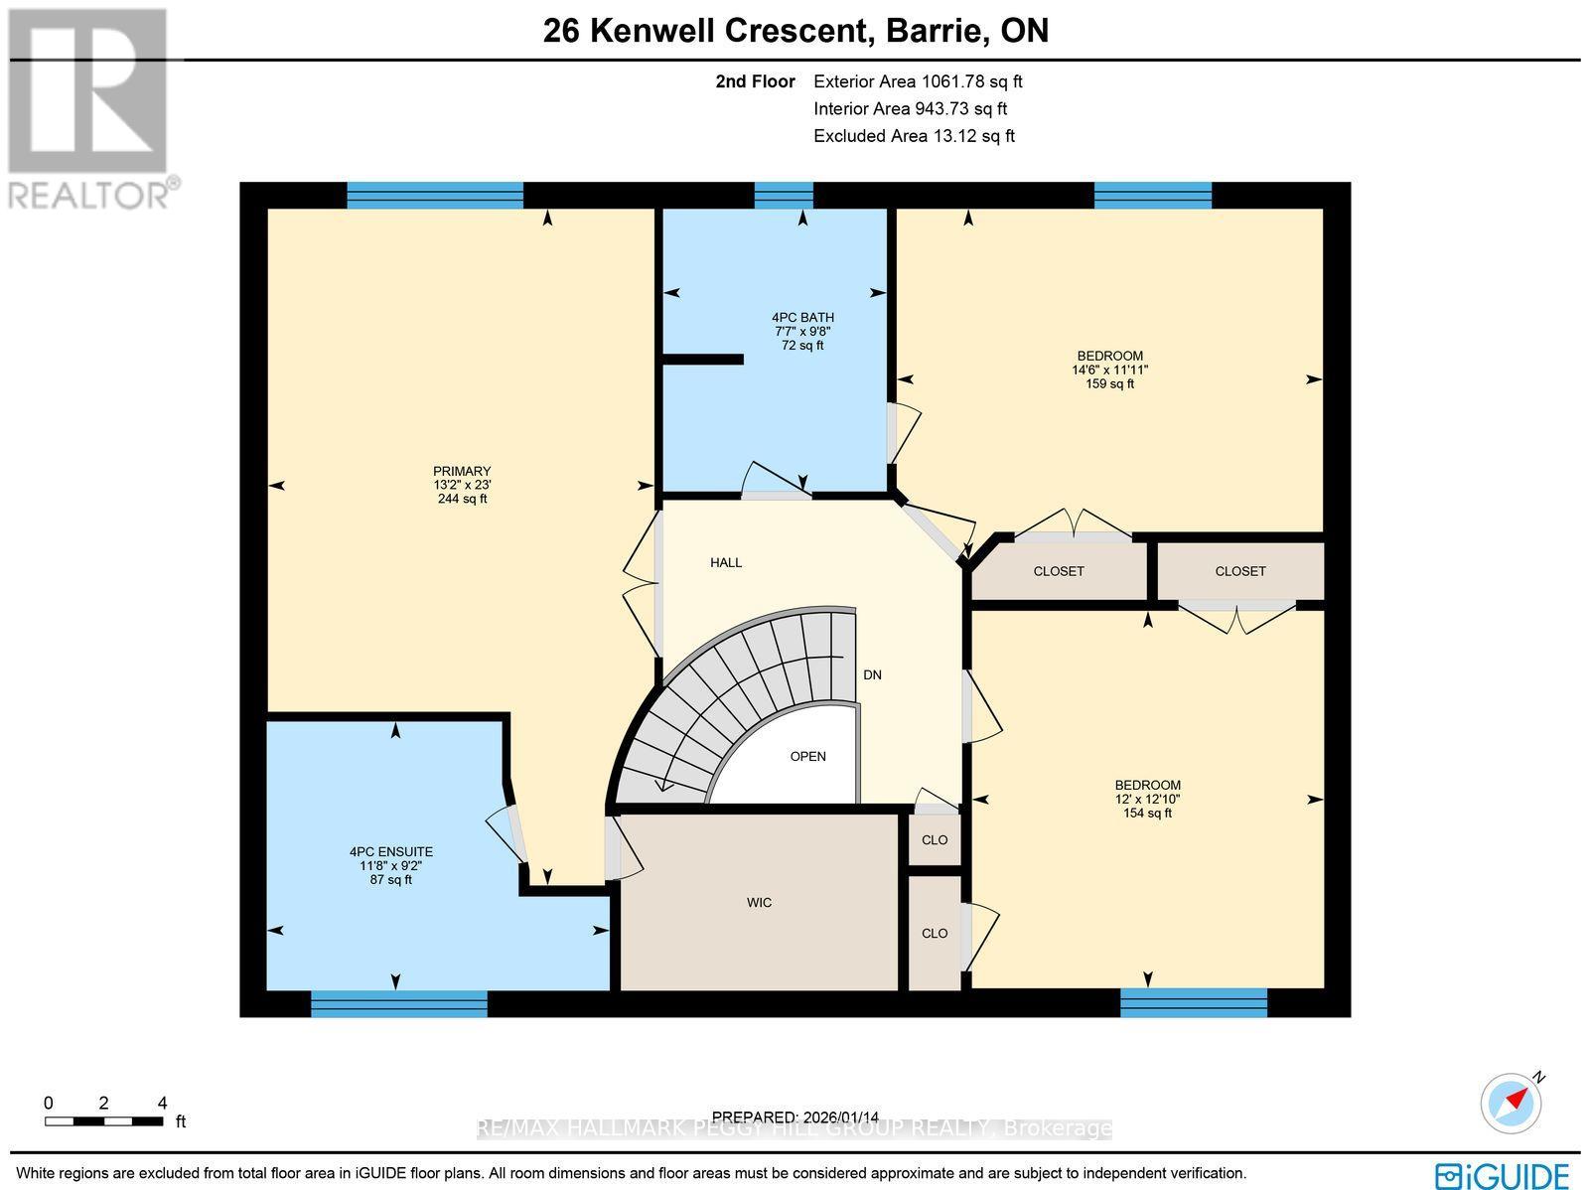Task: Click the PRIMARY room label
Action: point(462,471)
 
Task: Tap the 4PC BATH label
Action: point(804,318)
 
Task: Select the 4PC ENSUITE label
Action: point(391,851)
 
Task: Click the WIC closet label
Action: point(760,902)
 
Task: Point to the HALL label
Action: point(726,562)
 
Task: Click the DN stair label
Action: point(872,674)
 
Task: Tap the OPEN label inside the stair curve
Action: point(807,756)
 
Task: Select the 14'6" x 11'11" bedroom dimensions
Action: point(1109,370)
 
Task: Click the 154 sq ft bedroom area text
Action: point(1147,813)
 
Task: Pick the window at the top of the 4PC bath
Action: point(784,195)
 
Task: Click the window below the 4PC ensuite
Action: point(399,1004)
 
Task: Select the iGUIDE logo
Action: point(1503,1175)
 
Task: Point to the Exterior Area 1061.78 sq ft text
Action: point(918,81)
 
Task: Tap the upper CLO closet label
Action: point(935,839)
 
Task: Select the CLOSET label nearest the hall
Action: point(1059,571)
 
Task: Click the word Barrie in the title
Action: point(930,31)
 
